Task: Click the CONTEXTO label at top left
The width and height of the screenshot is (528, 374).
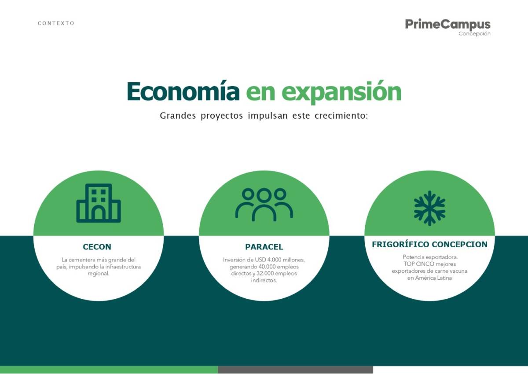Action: [56, 23]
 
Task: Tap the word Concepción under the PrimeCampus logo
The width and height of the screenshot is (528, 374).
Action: [474, 34]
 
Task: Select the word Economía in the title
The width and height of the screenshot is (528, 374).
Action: [183, 92]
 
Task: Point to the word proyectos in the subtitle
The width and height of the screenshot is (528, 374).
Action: [222, 116]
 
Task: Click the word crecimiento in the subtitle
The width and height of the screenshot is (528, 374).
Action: [341, 115]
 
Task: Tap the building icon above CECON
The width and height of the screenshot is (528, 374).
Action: [99, 203]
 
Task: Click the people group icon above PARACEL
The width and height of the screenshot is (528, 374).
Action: [264, 204]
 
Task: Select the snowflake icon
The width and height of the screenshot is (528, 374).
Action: [429, 208]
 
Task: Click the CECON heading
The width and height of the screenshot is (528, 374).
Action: [97, 247]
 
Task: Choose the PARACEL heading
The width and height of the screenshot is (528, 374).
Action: [264, 247]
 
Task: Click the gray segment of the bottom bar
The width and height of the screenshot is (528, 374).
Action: [295, 370]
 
